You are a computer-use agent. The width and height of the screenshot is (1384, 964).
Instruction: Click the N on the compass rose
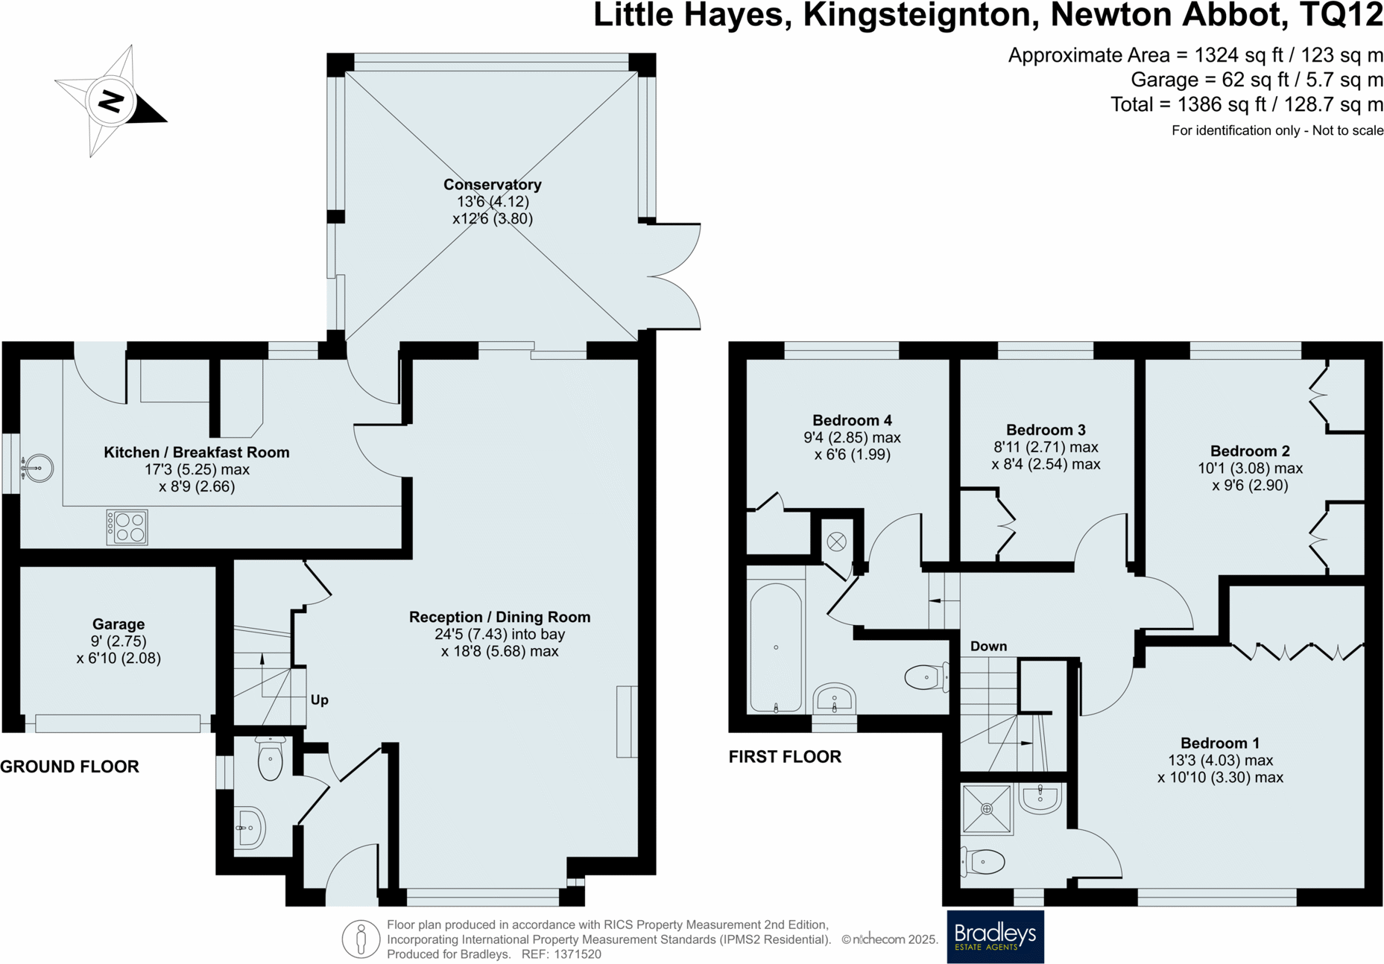coord(111,101)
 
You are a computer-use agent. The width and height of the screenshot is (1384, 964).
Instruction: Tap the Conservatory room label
coord(492,185)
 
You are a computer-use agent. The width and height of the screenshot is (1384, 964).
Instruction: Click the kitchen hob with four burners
coord(127,527)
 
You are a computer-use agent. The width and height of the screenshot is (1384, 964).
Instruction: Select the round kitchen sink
coord(37,468)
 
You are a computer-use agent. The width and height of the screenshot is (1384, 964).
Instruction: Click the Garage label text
coord(119,624)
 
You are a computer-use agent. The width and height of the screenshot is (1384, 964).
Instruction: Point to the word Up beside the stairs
coord(319,700)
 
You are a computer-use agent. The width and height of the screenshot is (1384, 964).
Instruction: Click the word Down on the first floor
coord(988,647)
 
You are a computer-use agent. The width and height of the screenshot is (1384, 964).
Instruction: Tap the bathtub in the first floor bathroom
coord(776,647)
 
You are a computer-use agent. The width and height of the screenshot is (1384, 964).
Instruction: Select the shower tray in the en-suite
coord(987,809)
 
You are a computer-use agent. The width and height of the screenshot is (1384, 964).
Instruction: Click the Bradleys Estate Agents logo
coord(995,936)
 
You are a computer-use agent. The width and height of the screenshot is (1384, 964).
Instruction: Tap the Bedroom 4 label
coord(852,420)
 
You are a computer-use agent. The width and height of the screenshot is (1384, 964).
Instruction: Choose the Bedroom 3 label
coord(1046,430)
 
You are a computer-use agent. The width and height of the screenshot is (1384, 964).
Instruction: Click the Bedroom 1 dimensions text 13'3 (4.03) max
coord(1220,761)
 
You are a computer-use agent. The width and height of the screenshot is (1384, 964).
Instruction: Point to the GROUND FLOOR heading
coord(69,767)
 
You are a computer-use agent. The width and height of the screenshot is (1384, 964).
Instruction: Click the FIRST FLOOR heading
coord(785,757)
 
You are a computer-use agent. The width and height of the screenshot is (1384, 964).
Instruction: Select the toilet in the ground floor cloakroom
coord(270,759)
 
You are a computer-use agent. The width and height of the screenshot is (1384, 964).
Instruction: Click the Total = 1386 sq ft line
coord(1246,105)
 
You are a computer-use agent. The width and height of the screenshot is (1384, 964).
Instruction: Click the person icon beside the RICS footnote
coord(361,939)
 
